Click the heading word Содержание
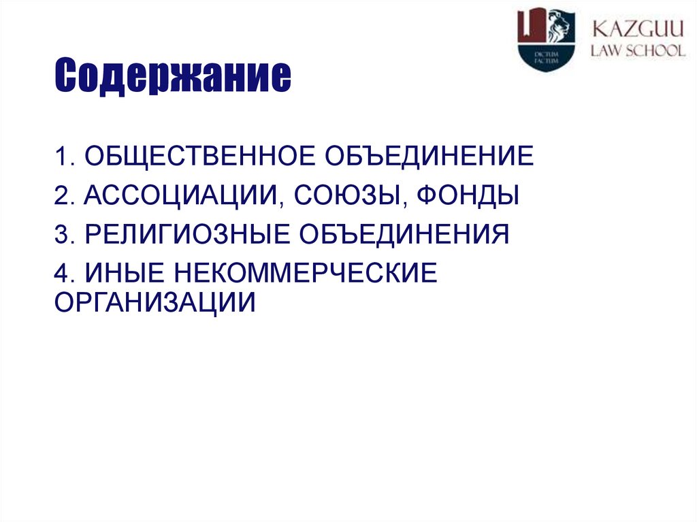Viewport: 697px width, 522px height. tap(173, 76)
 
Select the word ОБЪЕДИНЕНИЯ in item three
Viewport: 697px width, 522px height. tap(402, 235)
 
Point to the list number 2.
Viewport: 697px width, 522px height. tap(62, 196)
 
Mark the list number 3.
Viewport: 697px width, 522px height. tap(62, 235)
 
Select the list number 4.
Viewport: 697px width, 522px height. tap(62, 273)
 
